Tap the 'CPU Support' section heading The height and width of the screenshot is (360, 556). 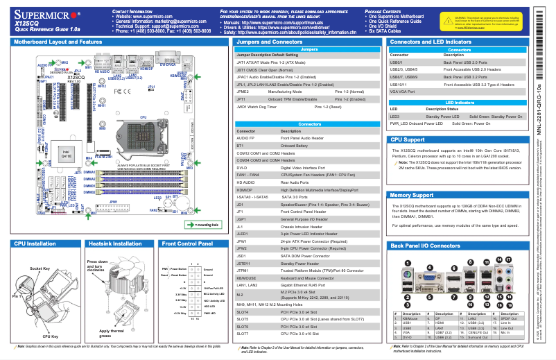pos(412,139)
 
